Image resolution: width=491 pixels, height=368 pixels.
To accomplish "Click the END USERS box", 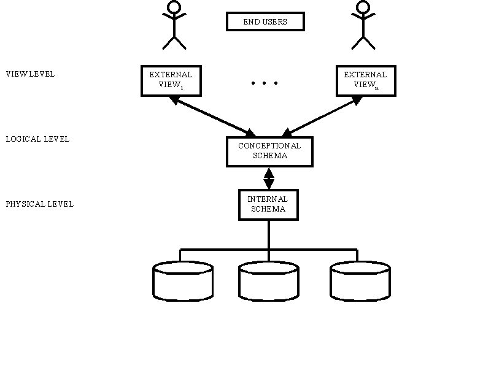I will click(265, 21).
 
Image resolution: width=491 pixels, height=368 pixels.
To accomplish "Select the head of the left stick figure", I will click(174, 7).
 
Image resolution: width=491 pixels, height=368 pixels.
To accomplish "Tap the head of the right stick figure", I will click(363, 7).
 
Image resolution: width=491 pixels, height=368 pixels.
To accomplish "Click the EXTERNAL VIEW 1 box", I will click(171, 80).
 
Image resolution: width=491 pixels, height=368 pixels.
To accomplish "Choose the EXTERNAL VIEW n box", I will click(366, 80).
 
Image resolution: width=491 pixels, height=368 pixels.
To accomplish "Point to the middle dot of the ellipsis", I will click(265, 83).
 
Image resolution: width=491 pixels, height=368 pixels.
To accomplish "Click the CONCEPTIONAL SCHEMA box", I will click(269, 151).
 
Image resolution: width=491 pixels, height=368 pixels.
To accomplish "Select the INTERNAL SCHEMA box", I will click(268, 204).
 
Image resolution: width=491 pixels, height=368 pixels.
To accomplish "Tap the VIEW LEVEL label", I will click(30, 74).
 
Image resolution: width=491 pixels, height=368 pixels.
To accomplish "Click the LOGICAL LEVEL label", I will click(37, 139).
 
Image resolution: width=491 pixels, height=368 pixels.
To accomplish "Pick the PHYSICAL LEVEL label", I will click(39, 204).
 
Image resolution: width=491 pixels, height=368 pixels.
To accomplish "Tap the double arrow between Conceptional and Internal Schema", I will click(269, 178).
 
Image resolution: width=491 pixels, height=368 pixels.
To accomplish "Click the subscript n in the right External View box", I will click(376, 88).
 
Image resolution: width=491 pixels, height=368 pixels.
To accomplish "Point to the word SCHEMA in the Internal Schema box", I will click(268, 209).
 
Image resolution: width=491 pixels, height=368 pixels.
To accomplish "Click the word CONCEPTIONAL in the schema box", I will click(269, 146).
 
